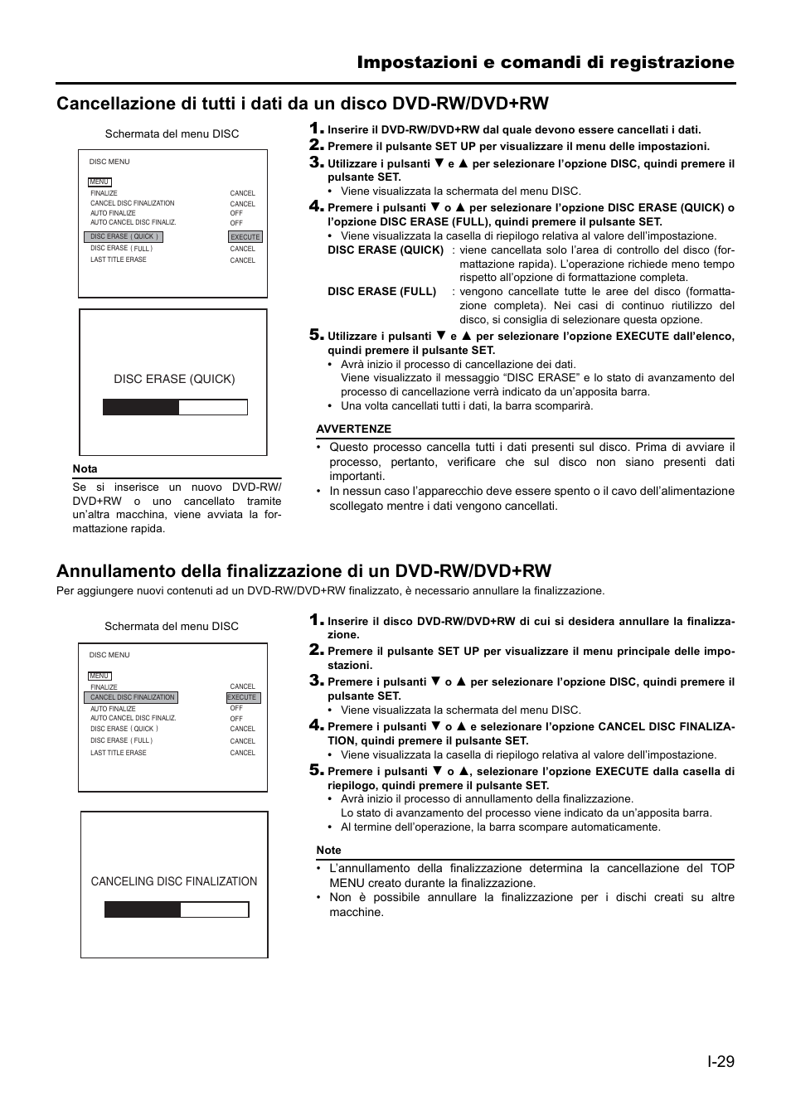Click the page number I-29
721,1061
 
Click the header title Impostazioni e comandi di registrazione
546,62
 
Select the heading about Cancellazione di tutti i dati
303,103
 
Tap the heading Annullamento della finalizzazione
303,570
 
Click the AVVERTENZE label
353,429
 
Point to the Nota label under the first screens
85,469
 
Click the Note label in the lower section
328,850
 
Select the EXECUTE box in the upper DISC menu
245,237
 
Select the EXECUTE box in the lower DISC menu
242,698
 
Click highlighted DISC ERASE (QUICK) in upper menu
124,237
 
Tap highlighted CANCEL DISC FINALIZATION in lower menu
132,698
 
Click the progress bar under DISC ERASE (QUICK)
175,407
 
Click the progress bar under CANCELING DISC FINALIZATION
176,909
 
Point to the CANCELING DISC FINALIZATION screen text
174,881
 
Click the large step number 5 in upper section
316,335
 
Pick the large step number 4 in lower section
316,725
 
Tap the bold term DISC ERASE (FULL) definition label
381,291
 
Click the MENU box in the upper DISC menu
99,182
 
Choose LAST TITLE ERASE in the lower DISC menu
118,753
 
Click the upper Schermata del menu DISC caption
172,133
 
